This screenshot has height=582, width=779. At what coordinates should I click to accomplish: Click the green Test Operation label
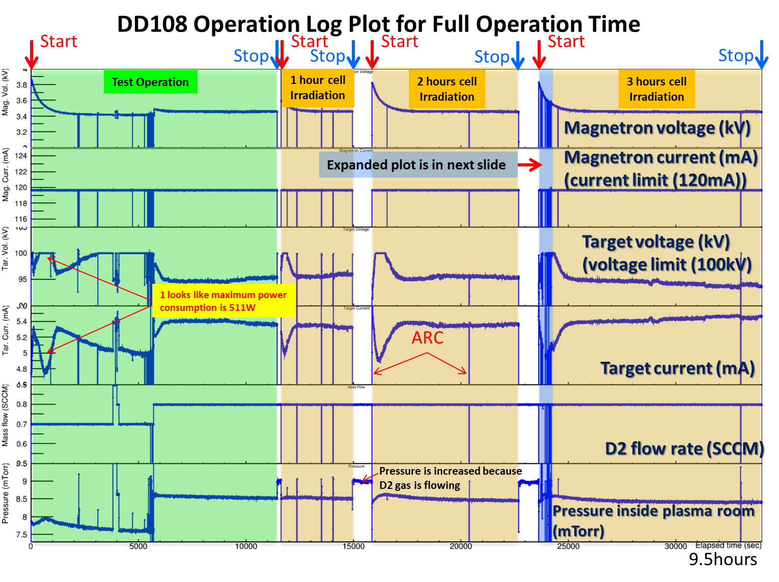coord(150,82)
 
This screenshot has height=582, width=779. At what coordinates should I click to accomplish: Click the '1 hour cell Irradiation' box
coord(318,88)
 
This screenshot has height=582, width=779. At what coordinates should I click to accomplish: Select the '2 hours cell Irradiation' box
coord(447,89)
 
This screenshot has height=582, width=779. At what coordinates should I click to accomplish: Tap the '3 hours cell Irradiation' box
coord(656,89)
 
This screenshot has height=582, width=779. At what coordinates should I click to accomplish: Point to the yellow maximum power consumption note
coord(224,301)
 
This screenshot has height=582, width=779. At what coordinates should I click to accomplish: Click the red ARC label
coord(427,338)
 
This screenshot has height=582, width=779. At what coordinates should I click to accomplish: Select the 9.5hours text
coord(722,560)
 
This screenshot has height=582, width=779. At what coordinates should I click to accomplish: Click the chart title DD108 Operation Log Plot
coord(378,24)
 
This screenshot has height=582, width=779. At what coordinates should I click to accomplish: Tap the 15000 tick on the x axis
coord(353,546)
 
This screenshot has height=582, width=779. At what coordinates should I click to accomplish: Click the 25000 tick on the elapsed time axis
coord(568,546)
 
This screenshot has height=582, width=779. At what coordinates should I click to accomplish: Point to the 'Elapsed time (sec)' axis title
coord(728,545)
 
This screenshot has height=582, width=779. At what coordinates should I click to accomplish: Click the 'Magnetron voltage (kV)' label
coord(657,128)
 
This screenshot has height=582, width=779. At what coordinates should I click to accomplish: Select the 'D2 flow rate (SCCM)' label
coord(684,449)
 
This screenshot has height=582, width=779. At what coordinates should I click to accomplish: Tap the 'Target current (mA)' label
coord(677,368)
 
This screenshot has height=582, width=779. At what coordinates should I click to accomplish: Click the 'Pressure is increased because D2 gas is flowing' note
coord(450,478)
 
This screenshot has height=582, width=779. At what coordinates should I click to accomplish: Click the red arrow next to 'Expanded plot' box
coord(530,165)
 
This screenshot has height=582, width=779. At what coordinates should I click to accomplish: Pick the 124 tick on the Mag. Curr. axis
coord(21,156)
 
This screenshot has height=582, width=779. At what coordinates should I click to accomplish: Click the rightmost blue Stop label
coord(736,55)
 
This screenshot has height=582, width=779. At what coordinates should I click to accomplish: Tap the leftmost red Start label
coord(59,41)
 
